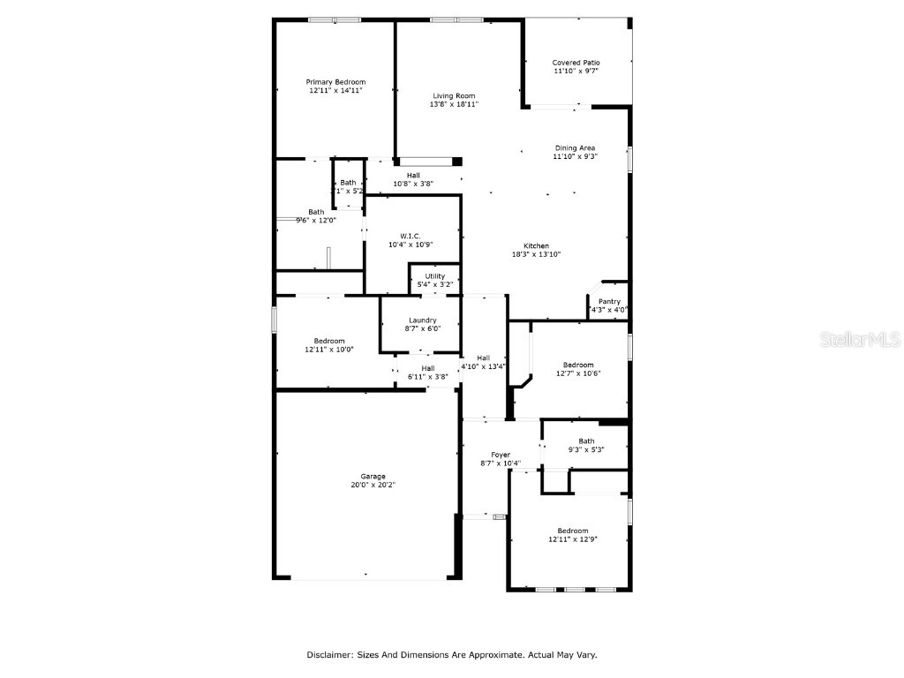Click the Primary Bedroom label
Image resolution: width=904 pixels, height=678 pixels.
tap(335, 82)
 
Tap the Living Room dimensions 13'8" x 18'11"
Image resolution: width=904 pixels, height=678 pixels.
tap(454, 104)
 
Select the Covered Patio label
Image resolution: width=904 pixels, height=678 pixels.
tap(576, 63)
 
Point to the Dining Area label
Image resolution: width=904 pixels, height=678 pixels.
tap(575, 148)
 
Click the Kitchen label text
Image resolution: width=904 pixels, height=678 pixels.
tap(536, 246)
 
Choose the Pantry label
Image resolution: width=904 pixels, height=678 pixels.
tap(609, 302)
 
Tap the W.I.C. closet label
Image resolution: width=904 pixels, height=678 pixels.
tap(410, 236)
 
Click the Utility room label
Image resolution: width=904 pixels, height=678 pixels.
tap(434, 276)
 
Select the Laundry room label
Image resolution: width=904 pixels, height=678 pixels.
tap(422, 320)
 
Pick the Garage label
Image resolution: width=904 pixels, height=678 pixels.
tap(373, 477)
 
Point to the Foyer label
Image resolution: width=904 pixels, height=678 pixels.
tap(501, 455)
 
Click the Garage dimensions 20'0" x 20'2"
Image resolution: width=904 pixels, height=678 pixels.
tap(373, 485)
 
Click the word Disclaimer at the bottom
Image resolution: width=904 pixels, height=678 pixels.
tap(330, 655)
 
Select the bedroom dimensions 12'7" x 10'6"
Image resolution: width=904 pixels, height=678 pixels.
tap(578, 373)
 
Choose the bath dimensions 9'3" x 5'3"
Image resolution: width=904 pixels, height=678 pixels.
tap(586, 449)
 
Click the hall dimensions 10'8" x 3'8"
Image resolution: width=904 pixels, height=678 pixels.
tap(413, 184)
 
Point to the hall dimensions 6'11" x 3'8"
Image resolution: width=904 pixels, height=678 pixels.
tap(427, 377)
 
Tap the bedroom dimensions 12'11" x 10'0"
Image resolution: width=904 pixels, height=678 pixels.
tap(329, 350)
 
